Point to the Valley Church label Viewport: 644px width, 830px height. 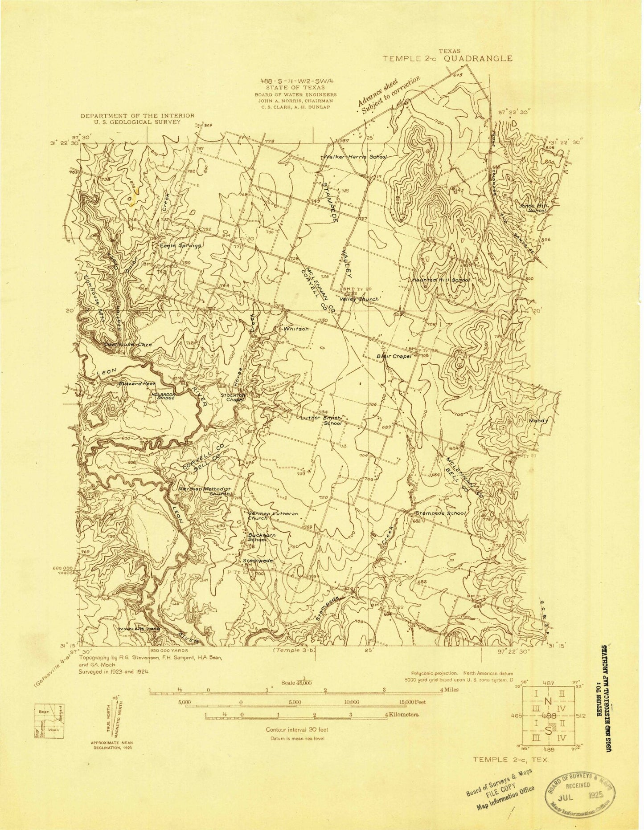[x=359, y=299]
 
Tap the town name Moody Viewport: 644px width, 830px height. [x=538, y=420]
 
